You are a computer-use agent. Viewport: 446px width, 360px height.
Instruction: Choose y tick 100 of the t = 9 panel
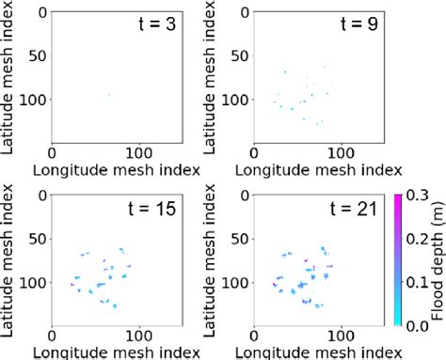click(234, 97)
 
